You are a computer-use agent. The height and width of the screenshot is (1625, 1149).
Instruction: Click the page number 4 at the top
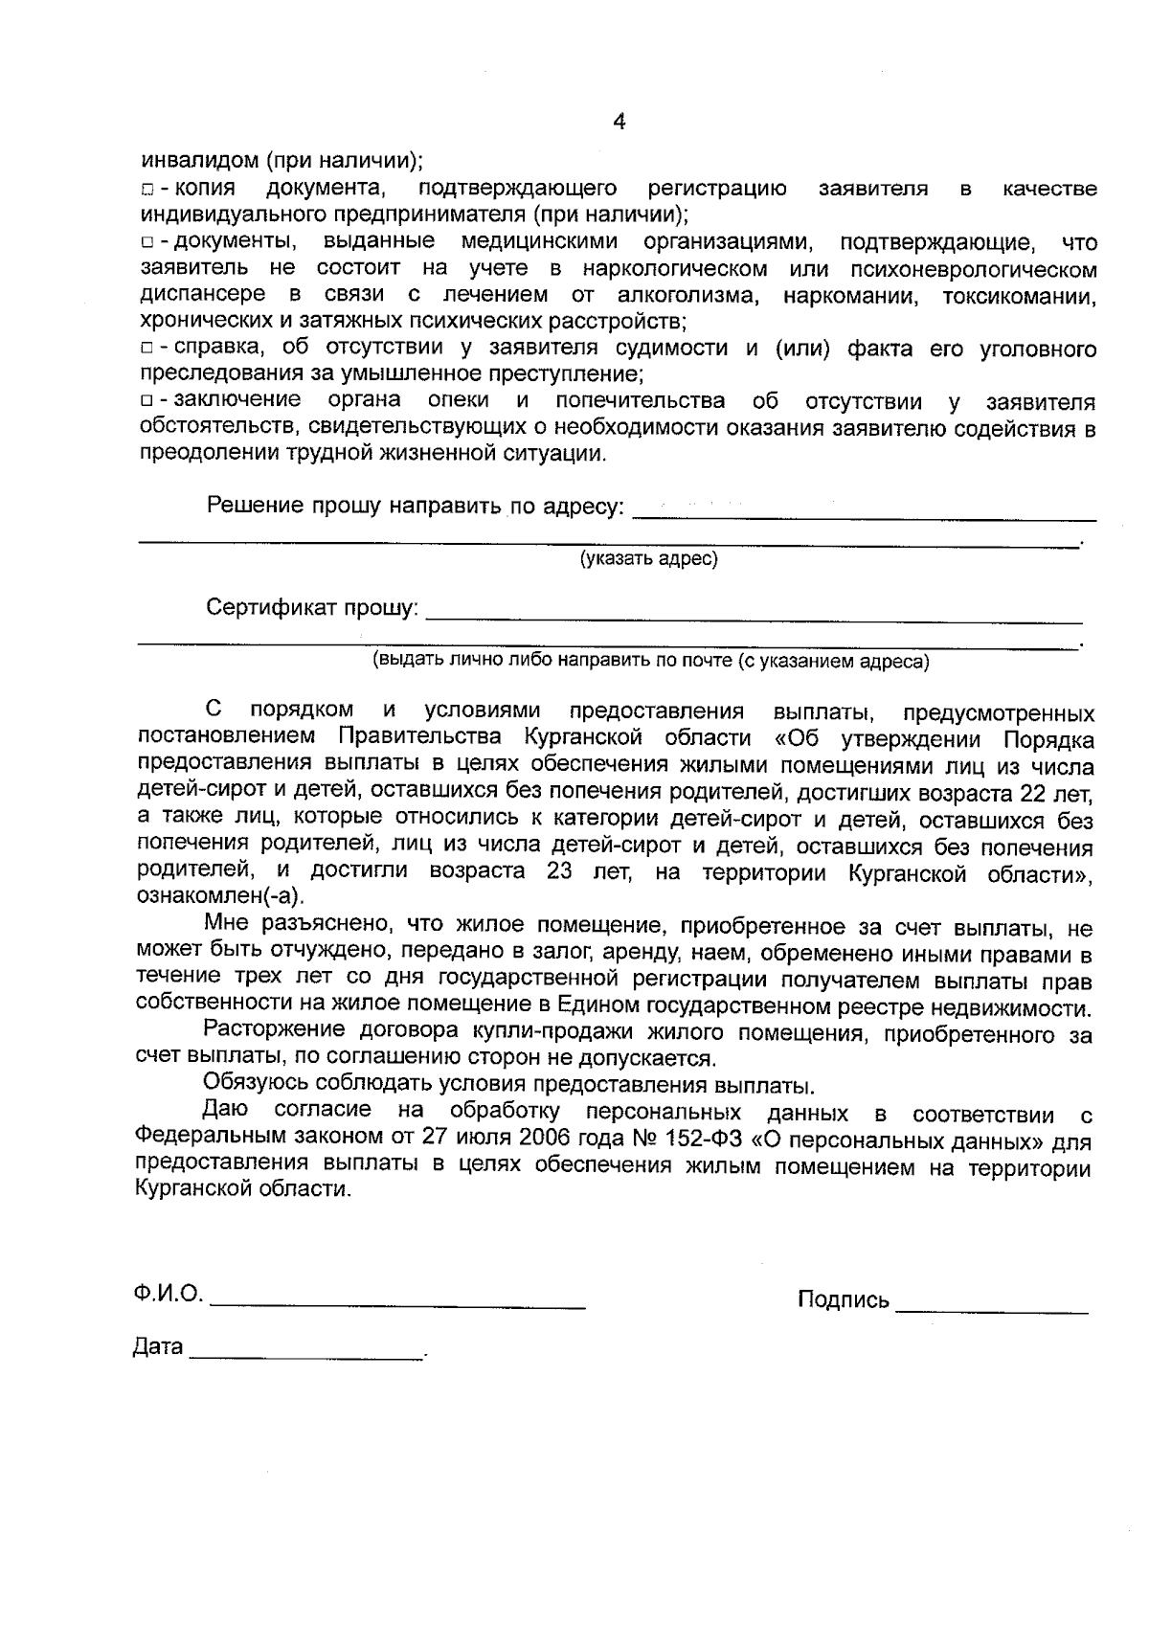point(619,122)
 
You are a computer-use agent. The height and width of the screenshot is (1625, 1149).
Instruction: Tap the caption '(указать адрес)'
point(648,558)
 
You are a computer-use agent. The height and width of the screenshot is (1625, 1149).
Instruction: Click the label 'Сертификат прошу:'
point(312,607)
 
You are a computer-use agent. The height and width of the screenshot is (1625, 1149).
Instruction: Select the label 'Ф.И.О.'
point(169,1295)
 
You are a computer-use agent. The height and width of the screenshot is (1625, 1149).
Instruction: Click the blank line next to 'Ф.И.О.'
point(397,1305)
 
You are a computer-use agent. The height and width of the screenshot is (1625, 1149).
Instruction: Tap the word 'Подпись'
point(843,1300)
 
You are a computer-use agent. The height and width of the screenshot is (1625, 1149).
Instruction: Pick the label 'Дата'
point(157,1347)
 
